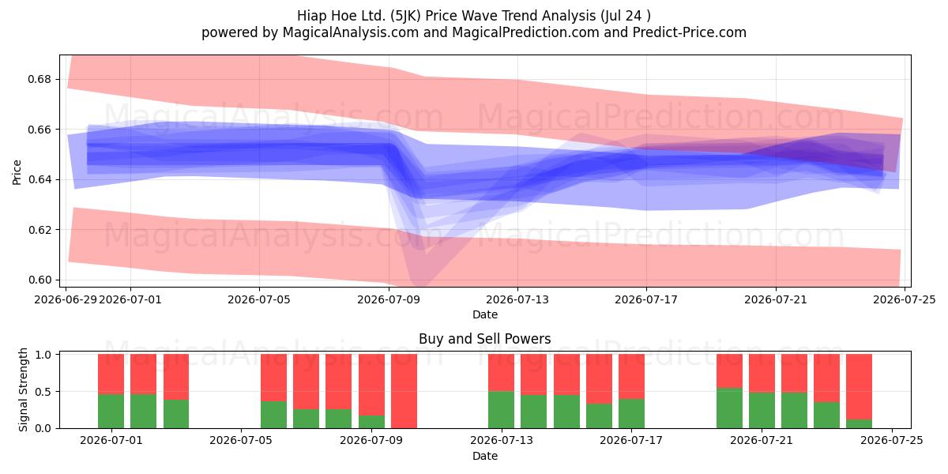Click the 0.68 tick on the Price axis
[39, 79]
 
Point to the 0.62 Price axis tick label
[39, 230]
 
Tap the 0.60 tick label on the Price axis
[39, 280]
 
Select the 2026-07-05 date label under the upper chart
[259, 299]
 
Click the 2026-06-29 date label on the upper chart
[66, 299]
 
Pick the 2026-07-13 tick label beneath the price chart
[517, 299]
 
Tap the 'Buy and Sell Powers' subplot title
[484, 339]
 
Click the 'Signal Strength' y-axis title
[23, 389]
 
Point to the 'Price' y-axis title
[17, 172]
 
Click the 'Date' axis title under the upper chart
[485, 314]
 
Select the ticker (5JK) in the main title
[405, 16]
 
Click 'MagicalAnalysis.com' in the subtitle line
[351, 32]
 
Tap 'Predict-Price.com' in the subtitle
[690, 32]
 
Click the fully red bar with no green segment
[404, 391]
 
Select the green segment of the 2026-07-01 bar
[111, 411]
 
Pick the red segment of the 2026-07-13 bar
[501, 373]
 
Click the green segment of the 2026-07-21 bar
[762, 410]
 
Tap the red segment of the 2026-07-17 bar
[631, 376]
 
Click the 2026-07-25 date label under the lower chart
[892, 441]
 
